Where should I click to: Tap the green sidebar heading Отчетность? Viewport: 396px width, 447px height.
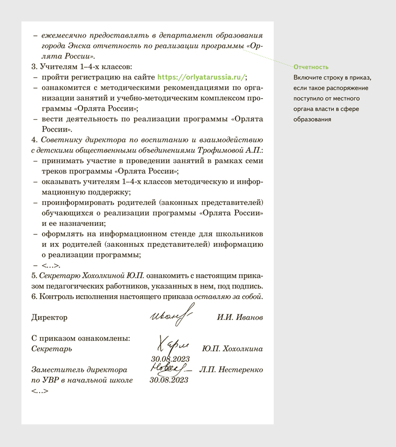tap(311, 67)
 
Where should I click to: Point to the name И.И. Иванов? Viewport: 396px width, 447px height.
tap(240, 318)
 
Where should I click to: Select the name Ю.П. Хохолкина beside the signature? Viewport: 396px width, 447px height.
tap(232, 349)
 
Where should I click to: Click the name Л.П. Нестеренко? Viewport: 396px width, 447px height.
tap(231, 370)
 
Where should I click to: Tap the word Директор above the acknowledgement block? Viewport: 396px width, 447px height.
tap(49, 318)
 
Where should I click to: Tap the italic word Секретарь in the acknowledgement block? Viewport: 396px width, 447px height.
tap(52, 348)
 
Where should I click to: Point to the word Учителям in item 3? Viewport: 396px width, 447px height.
tap(59, 67)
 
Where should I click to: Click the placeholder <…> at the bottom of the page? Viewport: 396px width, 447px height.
tap(40, 391)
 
